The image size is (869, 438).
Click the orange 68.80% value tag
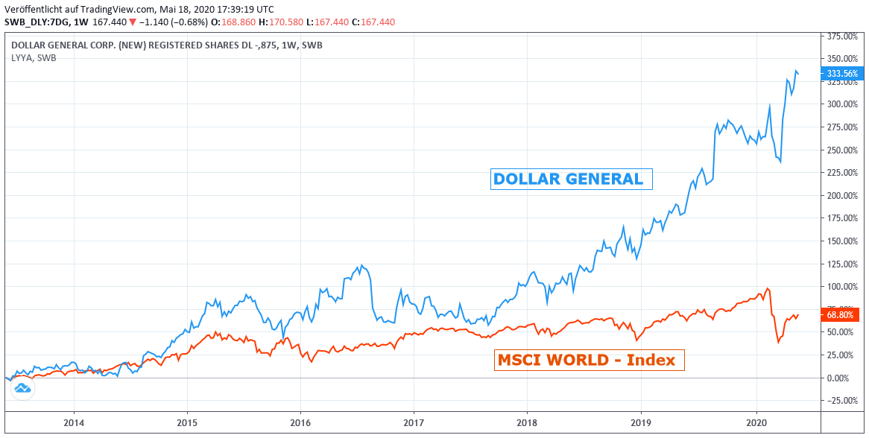pyautogui.click(x=841, y=315)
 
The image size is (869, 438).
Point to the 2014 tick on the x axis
pyautogui.click(x=74, y=423)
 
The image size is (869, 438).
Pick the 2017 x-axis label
pyautogui.click(x=414, y=423)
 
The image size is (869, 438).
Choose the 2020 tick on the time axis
pyautogui.click(x=756, y=423)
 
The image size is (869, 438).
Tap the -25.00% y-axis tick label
pyautogui.click(x=841, y=401)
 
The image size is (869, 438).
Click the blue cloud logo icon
pyautogui.click(x=22, y=388)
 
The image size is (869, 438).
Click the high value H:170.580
pyautogui.click(x=279, y=22)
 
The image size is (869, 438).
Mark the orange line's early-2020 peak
pyautogui.click(x=767, y=288)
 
